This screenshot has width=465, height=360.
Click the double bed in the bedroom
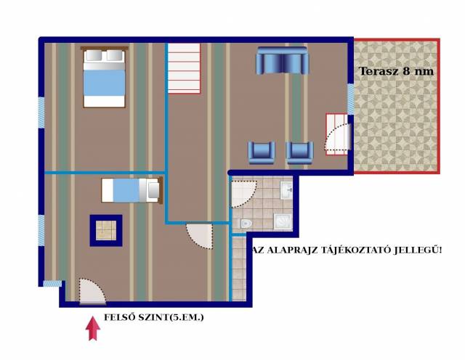(104, 77)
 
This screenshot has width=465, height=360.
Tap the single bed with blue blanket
(132, 190)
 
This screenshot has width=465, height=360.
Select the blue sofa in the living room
(282, 60)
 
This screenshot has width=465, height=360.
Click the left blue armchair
(261, 152)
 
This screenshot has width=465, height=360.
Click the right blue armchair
(299, 152)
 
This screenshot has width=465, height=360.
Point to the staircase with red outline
(184, 68)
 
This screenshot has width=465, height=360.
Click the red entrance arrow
(93, 328)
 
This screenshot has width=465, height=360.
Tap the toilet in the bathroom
(246, 223)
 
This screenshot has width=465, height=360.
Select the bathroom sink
(286, 190)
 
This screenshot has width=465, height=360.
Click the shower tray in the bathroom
(283, 221)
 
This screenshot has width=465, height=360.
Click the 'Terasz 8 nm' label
(396, 71)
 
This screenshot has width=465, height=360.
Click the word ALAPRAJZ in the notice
(296, 250)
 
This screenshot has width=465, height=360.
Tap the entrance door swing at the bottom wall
(92, 291)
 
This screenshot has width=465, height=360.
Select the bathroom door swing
(244, 194)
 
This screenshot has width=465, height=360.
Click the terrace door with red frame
(338, 134)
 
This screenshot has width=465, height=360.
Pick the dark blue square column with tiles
(106, 231)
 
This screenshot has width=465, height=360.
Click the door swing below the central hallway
(200, 236)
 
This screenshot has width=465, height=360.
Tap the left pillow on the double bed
(94, 55)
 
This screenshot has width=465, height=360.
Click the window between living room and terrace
(350, 99)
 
